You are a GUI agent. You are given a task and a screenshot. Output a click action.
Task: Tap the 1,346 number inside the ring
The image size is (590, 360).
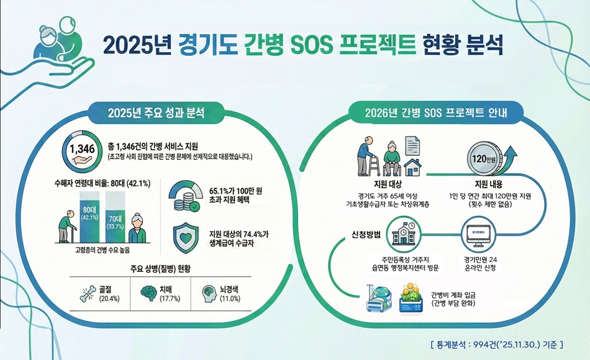click(x=81, y=150)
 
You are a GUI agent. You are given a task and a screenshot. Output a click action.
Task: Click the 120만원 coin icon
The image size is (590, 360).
click(x=483, y=158)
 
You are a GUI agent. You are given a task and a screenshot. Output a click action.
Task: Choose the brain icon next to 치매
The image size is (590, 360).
click(x=147, y=292)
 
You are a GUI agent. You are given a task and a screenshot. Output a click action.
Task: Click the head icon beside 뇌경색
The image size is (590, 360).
click(x=211, y=292)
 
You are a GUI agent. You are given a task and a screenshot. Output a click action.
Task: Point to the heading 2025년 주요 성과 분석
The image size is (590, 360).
click(x=156, y=113)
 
